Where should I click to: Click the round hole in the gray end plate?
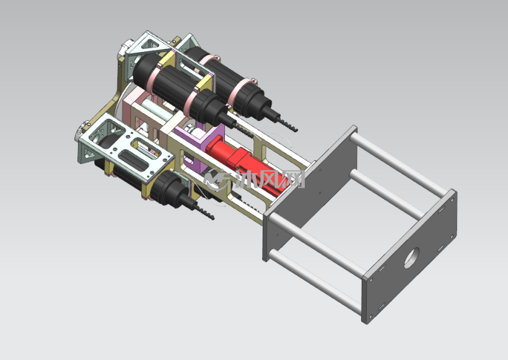pyautogui.click(x=411, y=258)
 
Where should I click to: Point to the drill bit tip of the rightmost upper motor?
pyautogui.click(x=297, y=130)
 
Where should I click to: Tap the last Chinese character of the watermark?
pyautogui.click(x=293, y=179)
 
